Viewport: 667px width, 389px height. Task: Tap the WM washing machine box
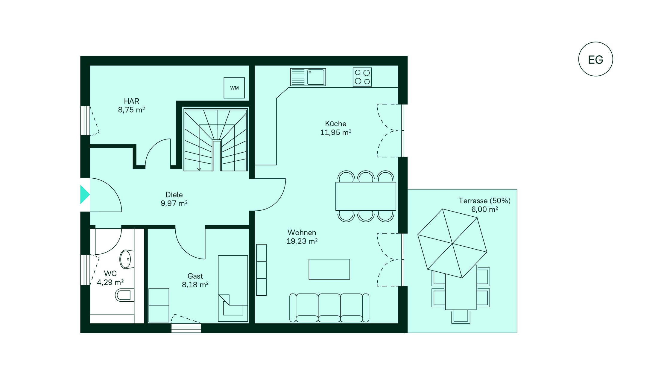[x=234, y=88]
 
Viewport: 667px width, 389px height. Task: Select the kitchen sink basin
[x=316, y=77]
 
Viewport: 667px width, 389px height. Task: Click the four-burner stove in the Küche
[x=362, y=77]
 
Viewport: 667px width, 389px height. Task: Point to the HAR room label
[x=132, y=101]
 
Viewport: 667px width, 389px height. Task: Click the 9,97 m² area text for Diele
[x=174, y=203]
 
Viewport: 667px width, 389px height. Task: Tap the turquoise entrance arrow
[x=85, y=194]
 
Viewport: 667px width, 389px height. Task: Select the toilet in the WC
[x=123, y=295]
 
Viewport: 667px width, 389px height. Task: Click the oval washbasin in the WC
[x=125, y=259]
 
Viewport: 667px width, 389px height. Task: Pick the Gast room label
[x=195, y=276]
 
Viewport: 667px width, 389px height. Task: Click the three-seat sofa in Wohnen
[x=329, y=308]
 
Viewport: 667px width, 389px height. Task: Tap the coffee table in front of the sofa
[x=329, y=269]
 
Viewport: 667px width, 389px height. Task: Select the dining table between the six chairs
[x=366, y=196]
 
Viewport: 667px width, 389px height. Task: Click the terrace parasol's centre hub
[x=452, y=243]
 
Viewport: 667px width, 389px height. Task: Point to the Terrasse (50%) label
[x=484, y=200]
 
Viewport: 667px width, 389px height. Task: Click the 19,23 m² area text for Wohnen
[x=302, y=241]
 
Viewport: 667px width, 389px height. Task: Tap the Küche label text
[x=336, y=124]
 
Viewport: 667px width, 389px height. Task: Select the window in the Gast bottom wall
[x=186, y=328]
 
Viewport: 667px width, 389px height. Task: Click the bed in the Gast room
[x=233, y=288]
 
